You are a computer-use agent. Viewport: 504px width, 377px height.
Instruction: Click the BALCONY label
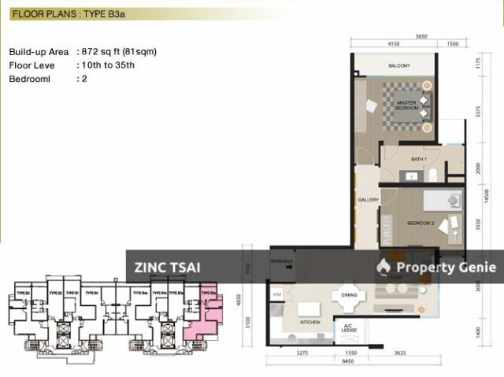point(399,66)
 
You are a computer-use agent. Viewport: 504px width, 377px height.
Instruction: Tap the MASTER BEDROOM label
point(407,105)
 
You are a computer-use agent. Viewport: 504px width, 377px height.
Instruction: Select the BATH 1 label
point(418,160)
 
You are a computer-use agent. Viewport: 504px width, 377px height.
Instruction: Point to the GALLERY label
point(369,200)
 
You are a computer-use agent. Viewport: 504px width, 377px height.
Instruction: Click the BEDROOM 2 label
point(421,224)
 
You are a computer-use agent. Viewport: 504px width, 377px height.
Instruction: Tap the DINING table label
point(349,297)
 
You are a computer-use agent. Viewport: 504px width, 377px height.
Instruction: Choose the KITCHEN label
point(309,323)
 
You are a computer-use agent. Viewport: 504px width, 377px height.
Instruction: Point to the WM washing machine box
point(277,295)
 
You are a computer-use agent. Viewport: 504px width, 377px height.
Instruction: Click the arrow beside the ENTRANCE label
point(291,268)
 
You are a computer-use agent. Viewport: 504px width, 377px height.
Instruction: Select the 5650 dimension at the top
point(421,35)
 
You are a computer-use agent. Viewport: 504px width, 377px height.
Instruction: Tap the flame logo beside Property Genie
point(384,267)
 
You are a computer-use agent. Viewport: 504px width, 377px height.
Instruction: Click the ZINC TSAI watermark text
point(168,268)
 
